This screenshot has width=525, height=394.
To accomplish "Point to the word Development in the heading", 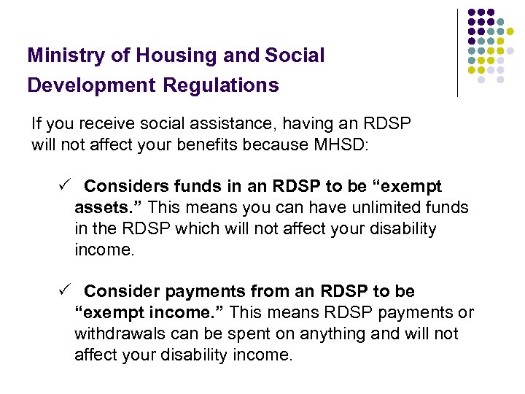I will [x=92, y=86].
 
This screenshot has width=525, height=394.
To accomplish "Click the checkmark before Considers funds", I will [x=63, y=186].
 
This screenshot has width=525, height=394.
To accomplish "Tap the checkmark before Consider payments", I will [x=63, y=291].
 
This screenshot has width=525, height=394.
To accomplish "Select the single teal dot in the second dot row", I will [x=501, y=22].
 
